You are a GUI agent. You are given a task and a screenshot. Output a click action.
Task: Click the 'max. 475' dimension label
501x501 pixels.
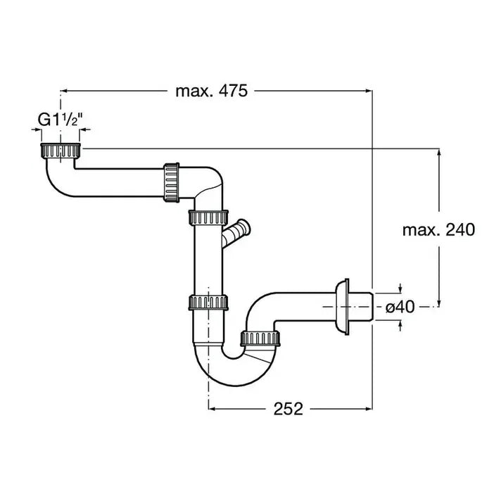coord(211,91)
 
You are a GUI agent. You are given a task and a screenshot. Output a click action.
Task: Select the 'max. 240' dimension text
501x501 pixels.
coord(439,229)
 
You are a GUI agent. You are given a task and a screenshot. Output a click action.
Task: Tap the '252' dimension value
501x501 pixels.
coord(288,409)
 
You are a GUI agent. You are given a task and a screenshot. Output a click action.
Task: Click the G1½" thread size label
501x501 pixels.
coord(61,120)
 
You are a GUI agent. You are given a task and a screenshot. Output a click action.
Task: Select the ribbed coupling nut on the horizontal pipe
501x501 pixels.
coord(170,181)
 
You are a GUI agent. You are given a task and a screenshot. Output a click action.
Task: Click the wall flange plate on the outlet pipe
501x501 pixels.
coord(343,306)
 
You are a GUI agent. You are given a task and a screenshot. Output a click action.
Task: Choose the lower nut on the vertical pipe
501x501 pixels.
coord(210,303)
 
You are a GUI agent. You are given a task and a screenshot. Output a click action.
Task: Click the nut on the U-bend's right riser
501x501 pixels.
coord(261,339)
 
